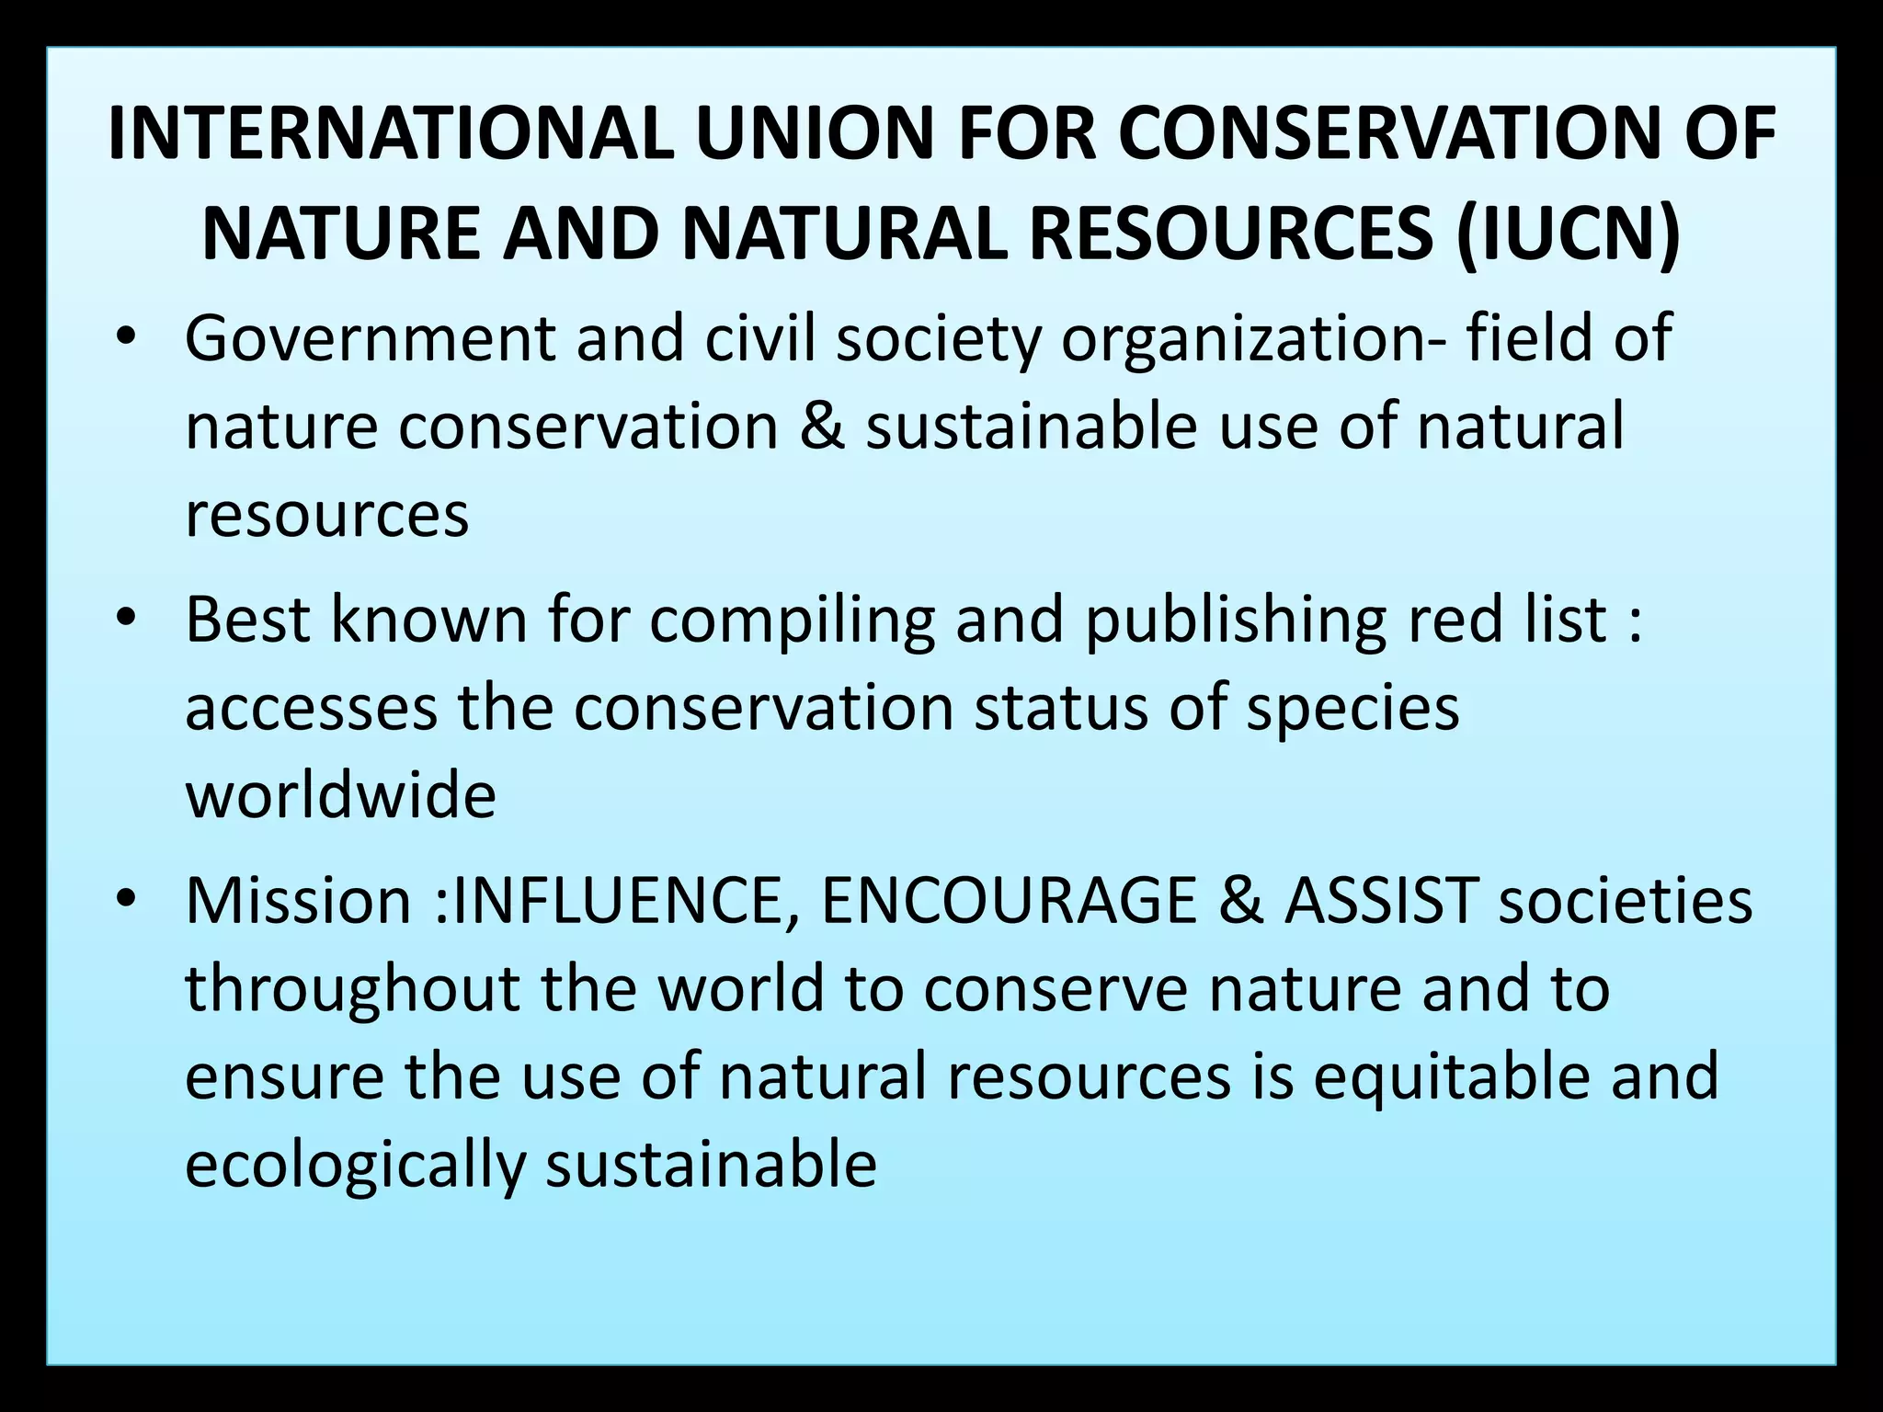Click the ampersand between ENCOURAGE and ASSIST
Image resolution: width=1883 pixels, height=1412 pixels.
point(1239,901)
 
